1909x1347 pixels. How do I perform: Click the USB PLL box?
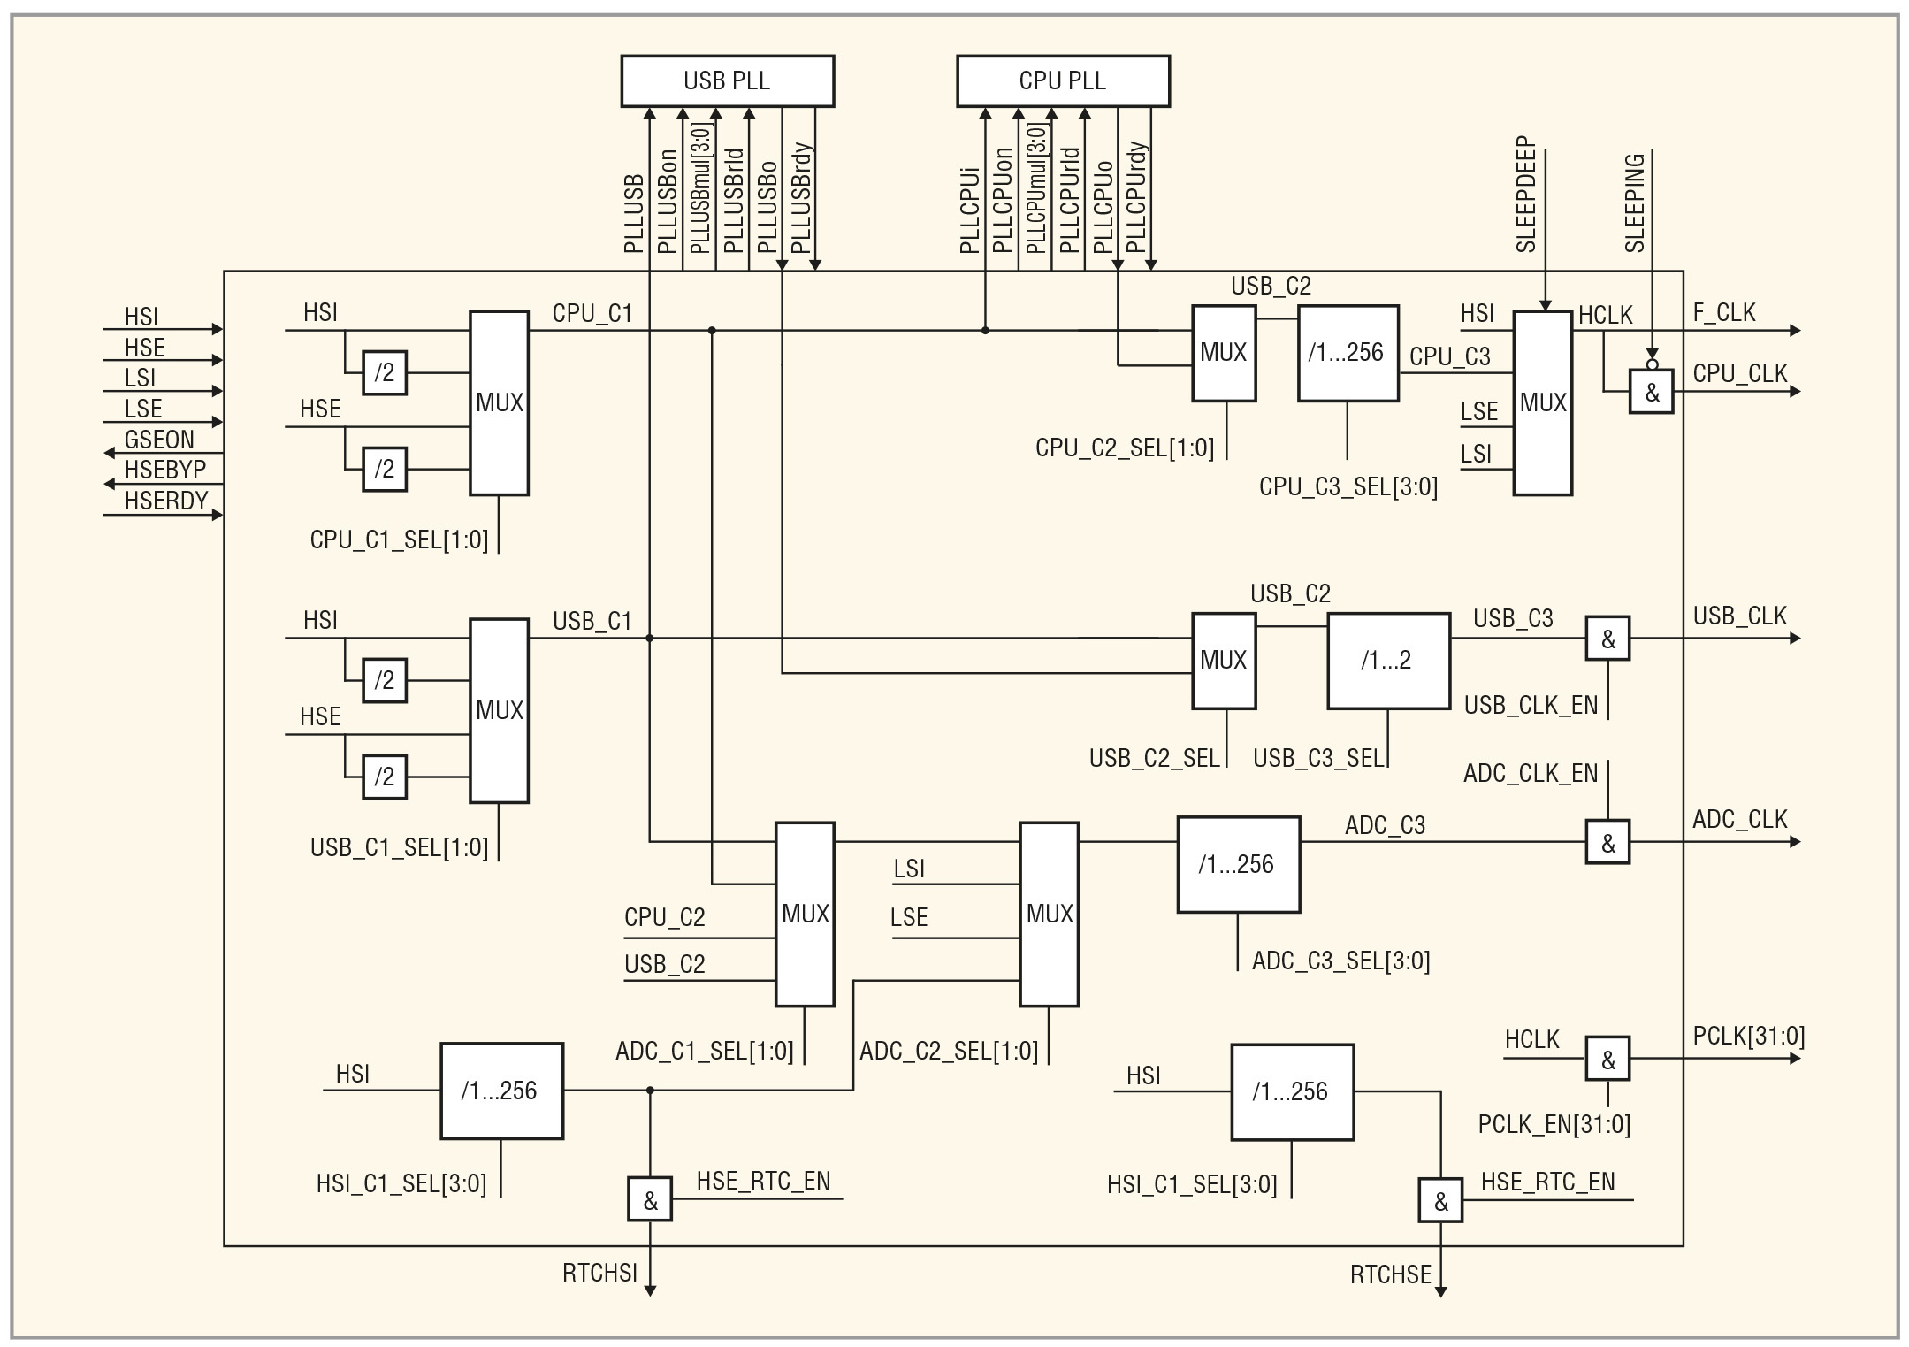(x=727, y=80)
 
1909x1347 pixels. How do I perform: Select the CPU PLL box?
(x=1063, y=80)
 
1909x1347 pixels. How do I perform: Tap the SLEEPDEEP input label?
(x=1527, y=195)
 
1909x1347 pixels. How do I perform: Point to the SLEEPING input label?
(x=1635, y=203)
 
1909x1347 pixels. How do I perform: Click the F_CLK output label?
(x=1724, y=312)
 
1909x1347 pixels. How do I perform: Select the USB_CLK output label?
(x=1739, y=616)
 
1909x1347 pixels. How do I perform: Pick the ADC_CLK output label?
(x=1739, y=819)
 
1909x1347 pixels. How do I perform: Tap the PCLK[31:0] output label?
(x=1748, y=1036)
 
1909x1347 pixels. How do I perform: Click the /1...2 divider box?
(x=1388, y=661)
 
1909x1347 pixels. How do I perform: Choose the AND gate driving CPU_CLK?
(x=1652, y=392)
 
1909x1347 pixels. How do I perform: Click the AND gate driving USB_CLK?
(x=1607, y=639)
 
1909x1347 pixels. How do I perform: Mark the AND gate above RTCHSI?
(x=650, y=1199)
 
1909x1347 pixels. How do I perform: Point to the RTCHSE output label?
(x=1390, y=1274)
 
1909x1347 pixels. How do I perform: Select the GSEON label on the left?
(x=159, y=440)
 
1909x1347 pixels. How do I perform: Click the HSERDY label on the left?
(x=166, y=501)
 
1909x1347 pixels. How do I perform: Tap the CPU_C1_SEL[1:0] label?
(x=399, y=540)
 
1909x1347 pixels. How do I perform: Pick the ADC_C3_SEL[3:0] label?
(x=1340, y=961)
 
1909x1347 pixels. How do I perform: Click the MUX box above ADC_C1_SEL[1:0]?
(x=805, y=914)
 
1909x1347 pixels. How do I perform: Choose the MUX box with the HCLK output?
(x=1542, y=402)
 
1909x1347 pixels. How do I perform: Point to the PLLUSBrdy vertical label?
(x=800, y=198)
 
